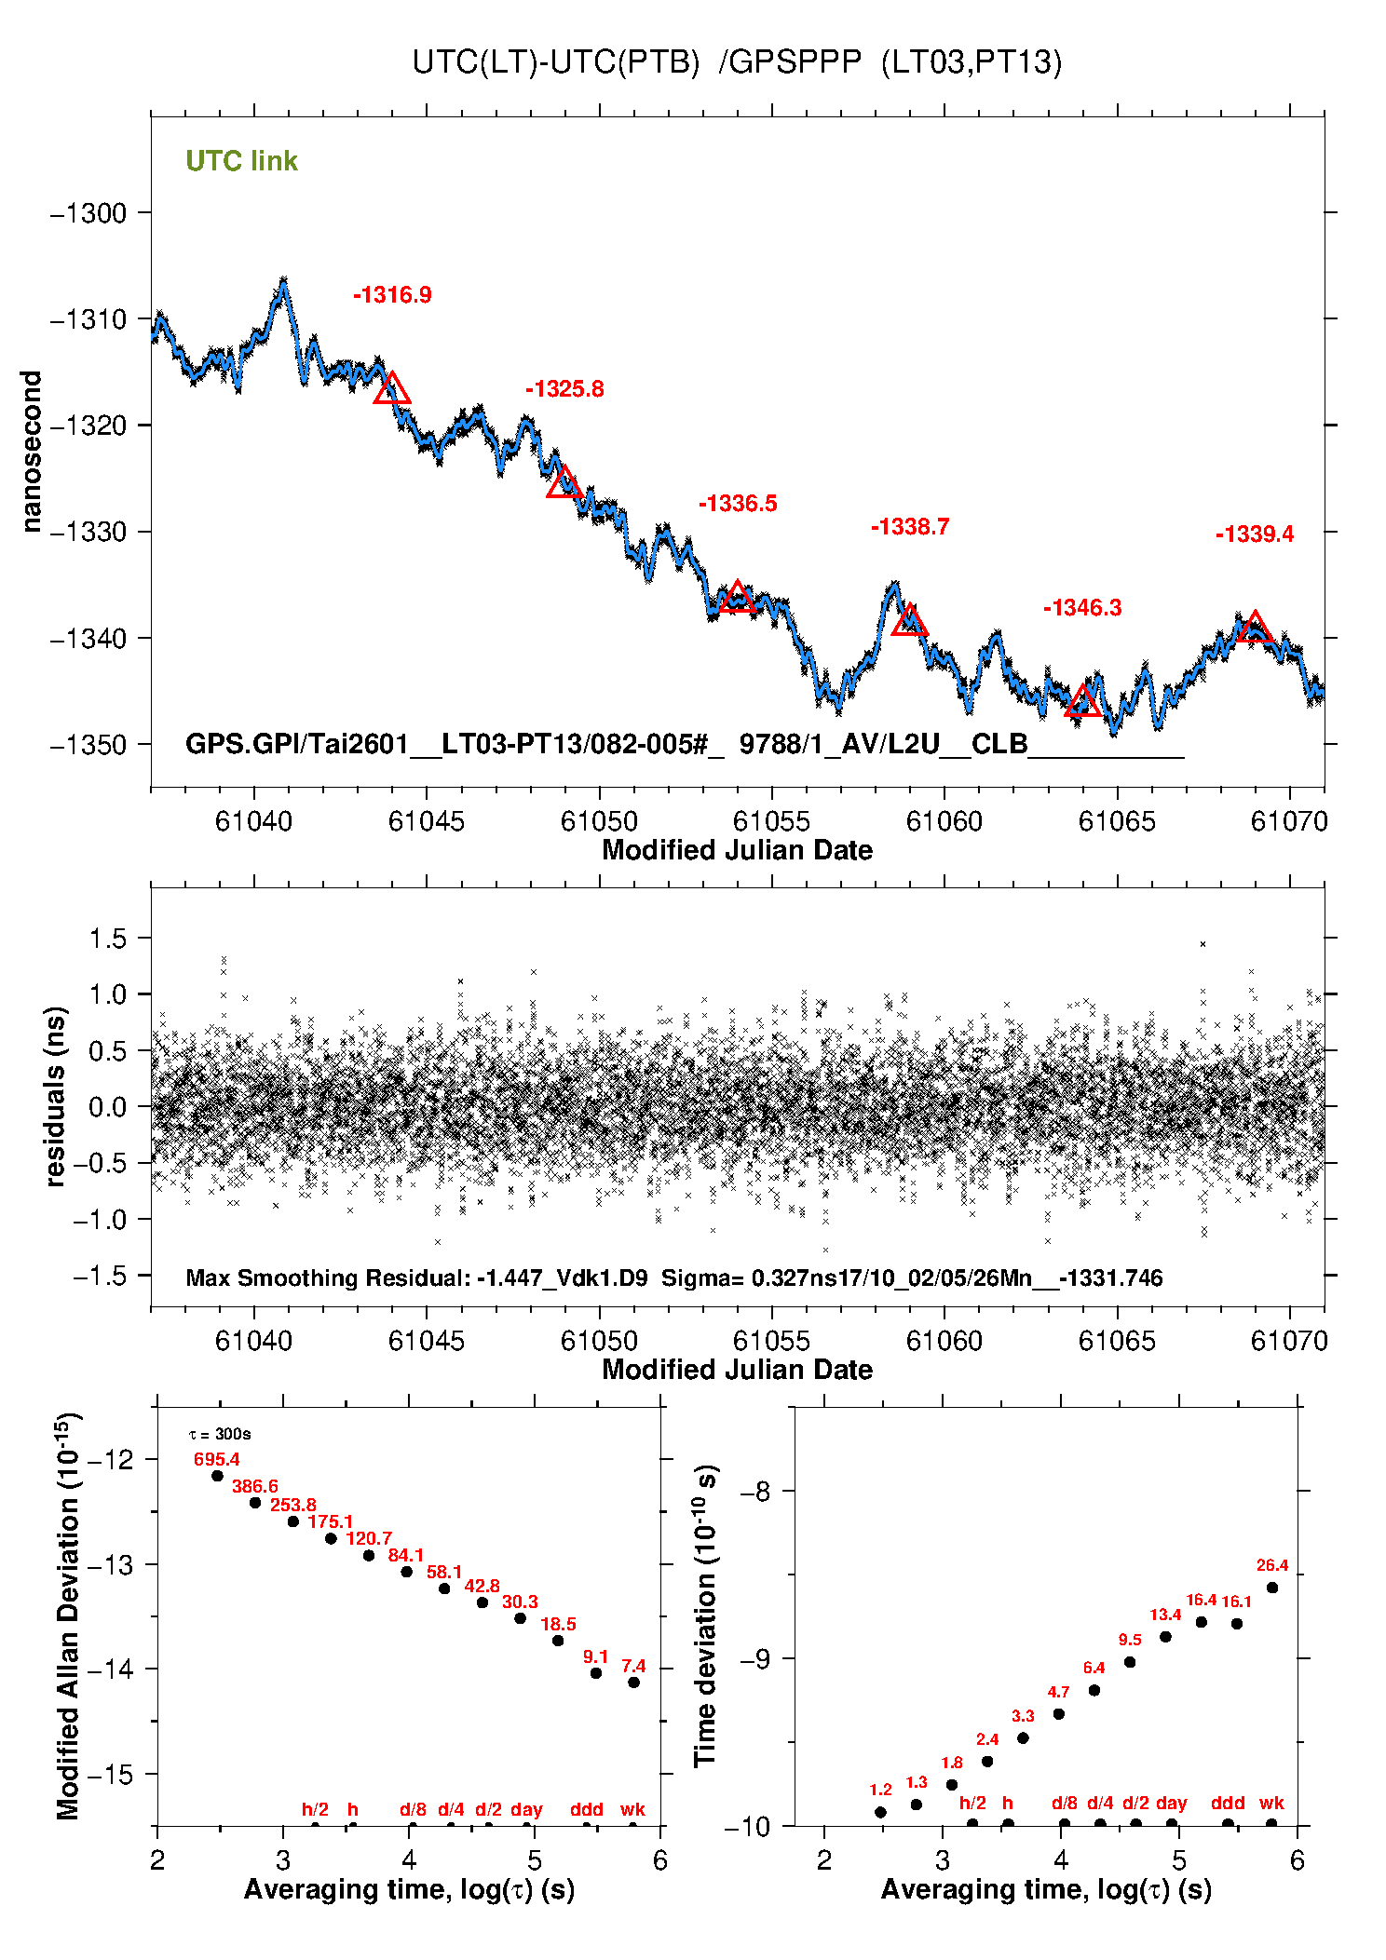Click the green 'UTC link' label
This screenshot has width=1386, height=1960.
click(x=241, y=161)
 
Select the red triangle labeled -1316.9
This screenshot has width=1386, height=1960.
click(x=392, y=389)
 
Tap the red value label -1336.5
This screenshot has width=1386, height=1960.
click(x=738, y=504)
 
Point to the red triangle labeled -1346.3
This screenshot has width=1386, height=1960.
click(x=1082, y=701)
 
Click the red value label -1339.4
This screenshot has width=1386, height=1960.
click(x=1254, y=534)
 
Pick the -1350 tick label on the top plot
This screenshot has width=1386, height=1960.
click(x=88, y=745)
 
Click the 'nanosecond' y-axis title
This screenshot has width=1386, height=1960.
click(x=32, y=452)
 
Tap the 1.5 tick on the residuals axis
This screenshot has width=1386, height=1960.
click(x=107, y=939)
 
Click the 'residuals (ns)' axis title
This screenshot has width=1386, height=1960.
click(x=56, y=1097)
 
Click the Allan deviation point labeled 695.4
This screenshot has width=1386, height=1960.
click(x=217, y=1476)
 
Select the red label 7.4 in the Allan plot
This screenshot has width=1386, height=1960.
click(x=633, y=1666)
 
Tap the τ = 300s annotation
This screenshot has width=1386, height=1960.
click(x=220, y=1434)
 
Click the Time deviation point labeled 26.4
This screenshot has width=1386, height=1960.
click(x=1272, y=1588)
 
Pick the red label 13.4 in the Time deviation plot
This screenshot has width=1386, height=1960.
click(x=1165, y=1615)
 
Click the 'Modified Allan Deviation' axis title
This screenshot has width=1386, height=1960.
click(x=67, y=1615)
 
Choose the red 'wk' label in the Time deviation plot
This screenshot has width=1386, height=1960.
click(x=1271, y=1803)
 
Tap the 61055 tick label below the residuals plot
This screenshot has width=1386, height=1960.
click(x=771, y=1341)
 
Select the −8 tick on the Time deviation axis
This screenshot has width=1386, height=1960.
click(x=754, y=1492)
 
